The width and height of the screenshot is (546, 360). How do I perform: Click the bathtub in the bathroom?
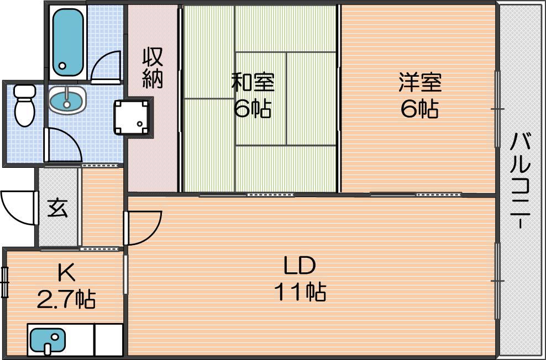click(x=68, y=43)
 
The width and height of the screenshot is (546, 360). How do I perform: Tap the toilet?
click(x=25, y=105)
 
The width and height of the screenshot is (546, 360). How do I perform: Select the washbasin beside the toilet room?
click(x=67, y=100)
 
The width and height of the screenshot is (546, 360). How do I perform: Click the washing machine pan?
click(x=133, y=117)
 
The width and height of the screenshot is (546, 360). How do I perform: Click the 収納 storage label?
click(x=153, y=68)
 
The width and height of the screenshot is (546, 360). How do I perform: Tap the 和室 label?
click(x=253, y=82)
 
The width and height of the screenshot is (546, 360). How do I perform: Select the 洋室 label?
click(x=421, y=82)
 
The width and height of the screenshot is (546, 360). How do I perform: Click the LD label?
click(x=300, y=266)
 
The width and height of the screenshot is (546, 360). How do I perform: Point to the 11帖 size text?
click(x=300, y=292)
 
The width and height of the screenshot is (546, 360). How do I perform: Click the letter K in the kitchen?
click(x=66, y=273)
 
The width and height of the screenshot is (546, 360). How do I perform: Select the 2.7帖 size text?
click(x=66, y=299)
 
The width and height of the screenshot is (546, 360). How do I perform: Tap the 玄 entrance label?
click(x=57, y=208)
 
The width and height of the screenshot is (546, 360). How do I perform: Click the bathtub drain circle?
click(x=62, y=65)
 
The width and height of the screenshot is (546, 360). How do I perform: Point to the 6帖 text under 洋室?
click(x=419, y=109)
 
